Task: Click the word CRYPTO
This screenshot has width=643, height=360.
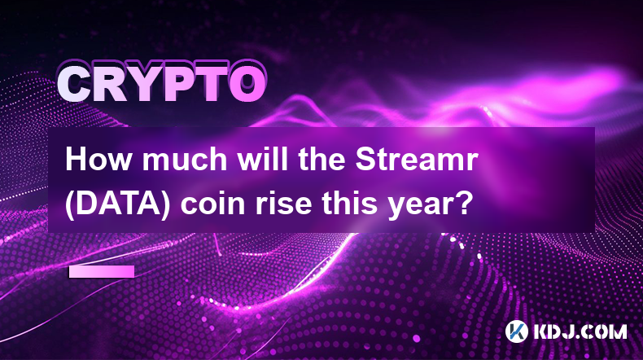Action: tap(162, 84)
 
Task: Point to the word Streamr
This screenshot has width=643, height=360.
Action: tap(417, 160)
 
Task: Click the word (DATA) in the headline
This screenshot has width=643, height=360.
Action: tap(117, 204)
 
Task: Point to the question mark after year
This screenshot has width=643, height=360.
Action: tap(463, 204)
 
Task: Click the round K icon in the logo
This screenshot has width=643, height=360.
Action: tap(517, 331)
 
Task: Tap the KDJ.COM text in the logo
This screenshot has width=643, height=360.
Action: tap(580, 331)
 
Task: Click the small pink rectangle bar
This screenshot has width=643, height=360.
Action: tap(102, 271)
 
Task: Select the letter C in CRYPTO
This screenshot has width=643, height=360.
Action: tap(75, 85)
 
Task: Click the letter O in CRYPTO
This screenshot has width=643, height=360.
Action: tap(247, 84)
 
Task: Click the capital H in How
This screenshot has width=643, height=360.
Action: tap(77, 160)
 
